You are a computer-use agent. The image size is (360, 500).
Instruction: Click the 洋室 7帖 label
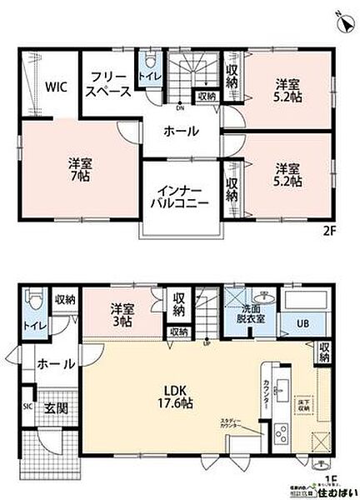pos(80,171)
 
